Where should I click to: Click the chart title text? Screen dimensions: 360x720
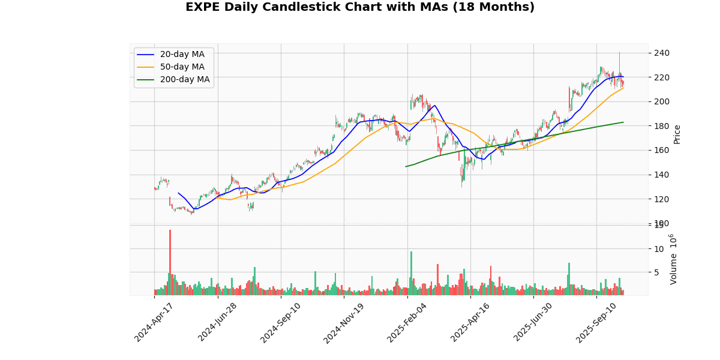point(359,7)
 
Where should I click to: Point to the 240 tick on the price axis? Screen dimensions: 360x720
point(661,53)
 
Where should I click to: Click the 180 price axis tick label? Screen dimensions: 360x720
point(661,126)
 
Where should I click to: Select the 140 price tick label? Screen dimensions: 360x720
point(661,175)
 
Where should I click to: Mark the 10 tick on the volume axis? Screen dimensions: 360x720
point(658,248)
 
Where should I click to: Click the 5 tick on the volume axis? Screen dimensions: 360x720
point(656,272)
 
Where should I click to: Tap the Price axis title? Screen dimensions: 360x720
point(677,134)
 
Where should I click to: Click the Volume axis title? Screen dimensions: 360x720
point(674,259)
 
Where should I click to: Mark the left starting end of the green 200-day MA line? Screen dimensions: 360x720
point(406,167)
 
